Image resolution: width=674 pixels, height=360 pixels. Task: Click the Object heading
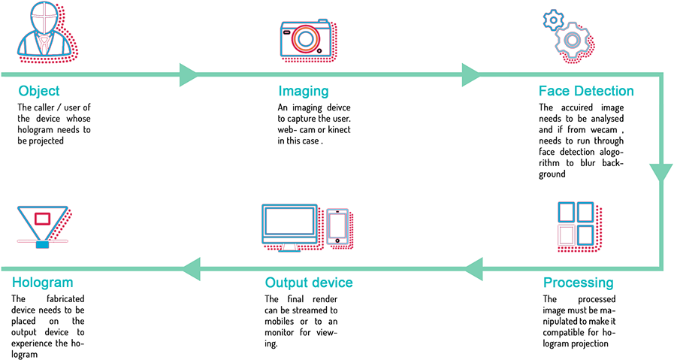[x=39, y=92]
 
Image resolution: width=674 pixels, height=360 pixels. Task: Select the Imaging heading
[x=304, y=92]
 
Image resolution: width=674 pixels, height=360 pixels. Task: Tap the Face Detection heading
[x=586, y=92]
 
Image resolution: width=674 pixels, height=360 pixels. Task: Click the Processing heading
[x=578, y=283]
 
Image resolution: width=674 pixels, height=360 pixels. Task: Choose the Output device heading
[x=308, y=283]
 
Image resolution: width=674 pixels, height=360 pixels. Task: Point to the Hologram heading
[x=43, y=283]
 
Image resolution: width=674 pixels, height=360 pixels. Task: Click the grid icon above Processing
[x=576, y=223]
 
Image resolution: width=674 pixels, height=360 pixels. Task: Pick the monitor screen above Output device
[x=292, y=223]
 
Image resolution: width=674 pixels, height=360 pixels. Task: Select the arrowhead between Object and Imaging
[x=188, y=75]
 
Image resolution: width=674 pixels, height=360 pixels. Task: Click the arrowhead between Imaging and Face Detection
[x=470, y=75]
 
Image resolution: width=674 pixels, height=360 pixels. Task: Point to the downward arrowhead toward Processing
[x=661, y=174]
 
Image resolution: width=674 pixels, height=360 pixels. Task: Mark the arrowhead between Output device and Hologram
[x=191, y=268]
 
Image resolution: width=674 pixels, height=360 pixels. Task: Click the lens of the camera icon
[x=306, y=38]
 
